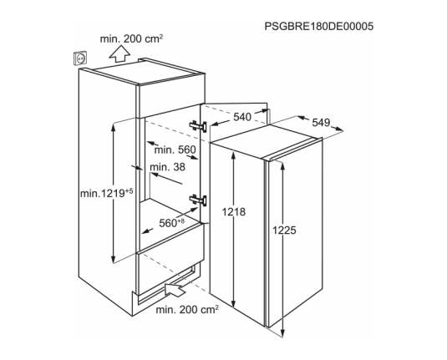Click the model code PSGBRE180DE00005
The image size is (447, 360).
[318, 27]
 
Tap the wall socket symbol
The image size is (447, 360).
[80, 58]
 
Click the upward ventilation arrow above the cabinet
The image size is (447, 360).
[119, 53]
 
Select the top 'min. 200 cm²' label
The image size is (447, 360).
[131, 38]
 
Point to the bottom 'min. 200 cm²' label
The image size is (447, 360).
[187, 310]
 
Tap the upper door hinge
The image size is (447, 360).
[198, 125]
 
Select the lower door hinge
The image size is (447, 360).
[198, 200]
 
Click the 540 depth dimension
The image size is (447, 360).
[242, 117]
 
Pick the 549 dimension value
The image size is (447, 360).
[321, 123]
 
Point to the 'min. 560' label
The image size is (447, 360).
[175, 150]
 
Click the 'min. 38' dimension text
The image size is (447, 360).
[167, 167]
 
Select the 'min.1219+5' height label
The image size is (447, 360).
[107, 193]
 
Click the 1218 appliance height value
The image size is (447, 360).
[234, 212]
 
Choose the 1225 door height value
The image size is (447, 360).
[285, 230]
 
